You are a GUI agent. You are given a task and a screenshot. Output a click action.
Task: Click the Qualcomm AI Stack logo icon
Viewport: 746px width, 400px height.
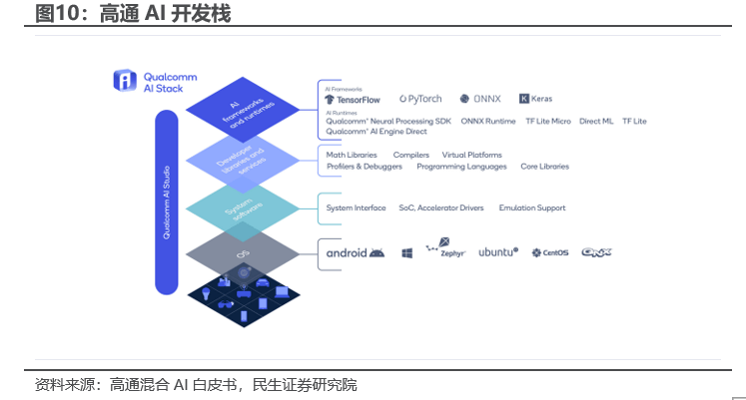(x=124, y=81)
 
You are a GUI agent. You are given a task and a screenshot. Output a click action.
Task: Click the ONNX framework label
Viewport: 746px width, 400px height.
(x=480, y=99)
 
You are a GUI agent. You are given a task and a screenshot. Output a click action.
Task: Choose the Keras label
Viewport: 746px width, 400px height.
(x=535, y=99)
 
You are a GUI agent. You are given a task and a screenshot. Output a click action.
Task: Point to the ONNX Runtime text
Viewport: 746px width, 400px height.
(x=488, y=121)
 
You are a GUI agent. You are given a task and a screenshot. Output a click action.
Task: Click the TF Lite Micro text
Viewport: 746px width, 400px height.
(x=548, y=121)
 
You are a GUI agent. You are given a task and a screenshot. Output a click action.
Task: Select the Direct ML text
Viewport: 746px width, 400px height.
(x=596, y=121)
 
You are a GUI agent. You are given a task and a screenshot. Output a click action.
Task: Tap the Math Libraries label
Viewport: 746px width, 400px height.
(x=352, y=155)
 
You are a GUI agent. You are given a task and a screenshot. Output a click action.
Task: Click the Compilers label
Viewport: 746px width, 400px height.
(x=410, y=155)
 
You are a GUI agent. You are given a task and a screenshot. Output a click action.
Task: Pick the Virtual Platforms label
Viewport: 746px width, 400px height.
(x=471, y=155)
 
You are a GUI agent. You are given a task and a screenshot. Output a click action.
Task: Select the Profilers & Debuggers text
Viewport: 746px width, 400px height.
(x=365, y=167)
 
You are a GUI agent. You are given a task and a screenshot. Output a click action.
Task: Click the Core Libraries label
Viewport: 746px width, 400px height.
(x=545, y=167)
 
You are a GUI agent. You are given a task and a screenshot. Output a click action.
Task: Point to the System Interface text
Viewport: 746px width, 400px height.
(x=356, y=207)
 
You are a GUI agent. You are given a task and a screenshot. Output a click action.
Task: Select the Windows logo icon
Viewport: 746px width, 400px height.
(x=407, y=253)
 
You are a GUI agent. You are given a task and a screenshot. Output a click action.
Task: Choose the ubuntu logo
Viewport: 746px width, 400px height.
(x=497, y=252)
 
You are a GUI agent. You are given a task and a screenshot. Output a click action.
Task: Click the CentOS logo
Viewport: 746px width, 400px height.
(x=550, y=253)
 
